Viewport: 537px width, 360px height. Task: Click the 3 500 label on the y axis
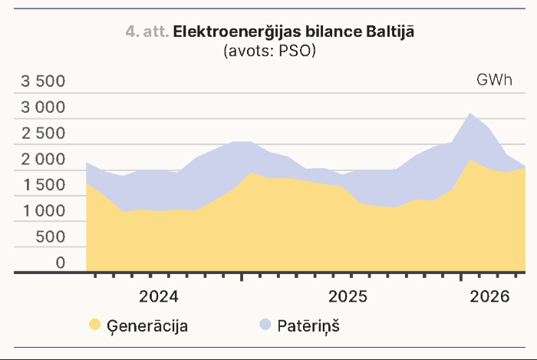pos(43,81)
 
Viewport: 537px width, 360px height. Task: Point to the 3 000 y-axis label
pos(43,107)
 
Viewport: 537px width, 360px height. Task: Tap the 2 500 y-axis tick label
pos(43,134)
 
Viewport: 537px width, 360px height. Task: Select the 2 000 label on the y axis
pos(43,160)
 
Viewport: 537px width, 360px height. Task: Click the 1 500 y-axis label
pos(44,185)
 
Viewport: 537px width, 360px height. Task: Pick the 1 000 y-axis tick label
pos(44,211)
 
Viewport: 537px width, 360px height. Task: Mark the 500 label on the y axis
pos(51,237)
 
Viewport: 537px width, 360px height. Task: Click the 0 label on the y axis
pos(61,263)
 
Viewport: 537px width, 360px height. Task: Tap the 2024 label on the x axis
pos(159,296)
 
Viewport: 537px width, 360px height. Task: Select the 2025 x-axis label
pos(348,296)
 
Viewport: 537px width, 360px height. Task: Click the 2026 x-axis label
pos(489,296)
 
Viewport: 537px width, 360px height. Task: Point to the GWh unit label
pos(494,80)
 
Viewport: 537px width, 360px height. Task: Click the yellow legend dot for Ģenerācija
pos(95,325)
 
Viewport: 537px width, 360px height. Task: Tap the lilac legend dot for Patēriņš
pos(265,325)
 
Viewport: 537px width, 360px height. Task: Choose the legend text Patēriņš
pos(308,326)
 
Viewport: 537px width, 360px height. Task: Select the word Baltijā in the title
pos(390,31)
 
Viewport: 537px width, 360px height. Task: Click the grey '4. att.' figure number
pos(147,32)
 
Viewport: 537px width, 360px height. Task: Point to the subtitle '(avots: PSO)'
pos(269,51)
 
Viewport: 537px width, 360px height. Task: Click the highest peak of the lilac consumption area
pos(470,114)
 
